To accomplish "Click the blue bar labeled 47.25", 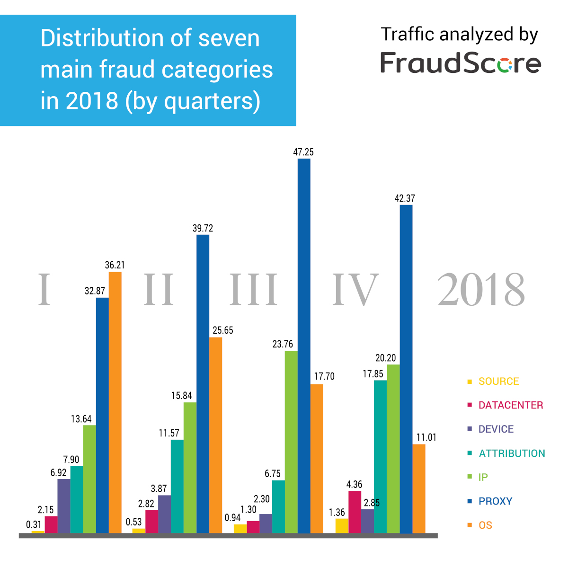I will (304, 346).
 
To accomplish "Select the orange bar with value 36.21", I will (115, 402).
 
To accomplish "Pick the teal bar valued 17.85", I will (380, 456).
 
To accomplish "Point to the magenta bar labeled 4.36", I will (355, 512).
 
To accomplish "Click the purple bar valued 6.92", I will (64, 506).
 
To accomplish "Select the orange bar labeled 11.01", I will (419, 488).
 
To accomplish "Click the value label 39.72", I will (203, 228).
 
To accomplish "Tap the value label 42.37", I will (405, 198).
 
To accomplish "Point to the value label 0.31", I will (34, 524).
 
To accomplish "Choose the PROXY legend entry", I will (495, 501).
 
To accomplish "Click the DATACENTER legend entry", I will (510, 405).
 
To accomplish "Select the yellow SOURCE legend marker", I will (470, 382).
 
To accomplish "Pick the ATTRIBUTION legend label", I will (512, 453).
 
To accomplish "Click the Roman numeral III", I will (254, 289).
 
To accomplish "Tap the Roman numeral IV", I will (355, 289).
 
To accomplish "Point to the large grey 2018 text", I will (481, 289).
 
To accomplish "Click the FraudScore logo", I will (461, 63).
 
